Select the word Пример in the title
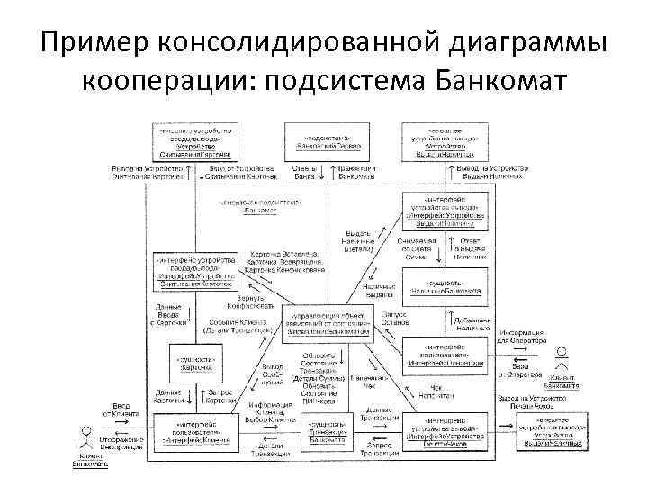tap(93, 41)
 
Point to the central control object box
tap(329, 322)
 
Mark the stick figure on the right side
tap(563, 360)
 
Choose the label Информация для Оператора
tap(519, 337)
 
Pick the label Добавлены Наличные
tap(473, 324)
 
